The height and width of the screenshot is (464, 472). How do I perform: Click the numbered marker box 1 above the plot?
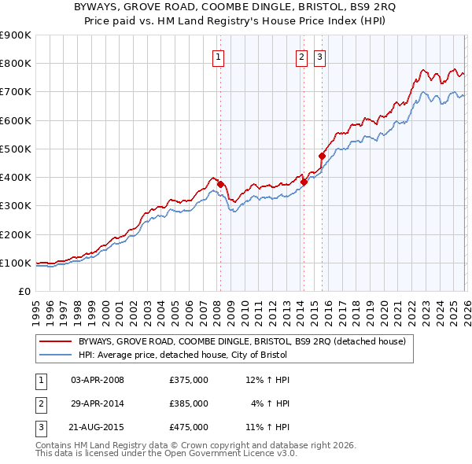[217, 56]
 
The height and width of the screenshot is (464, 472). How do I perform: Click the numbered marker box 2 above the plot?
[301, 56]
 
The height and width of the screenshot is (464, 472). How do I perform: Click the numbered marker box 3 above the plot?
[320, 56]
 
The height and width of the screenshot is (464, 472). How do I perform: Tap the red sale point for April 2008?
[220, 185]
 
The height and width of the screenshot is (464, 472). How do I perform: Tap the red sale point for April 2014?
[304, 182]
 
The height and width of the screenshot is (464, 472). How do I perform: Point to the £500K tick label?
[16, 149]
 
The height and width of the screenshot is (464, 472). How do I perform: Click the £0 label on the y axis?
[24, 291]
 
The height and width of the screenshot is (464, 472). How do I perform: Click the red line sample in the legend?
[55, 341]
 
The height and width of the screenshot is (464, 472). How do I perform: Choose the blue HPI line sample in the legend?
[55, 354]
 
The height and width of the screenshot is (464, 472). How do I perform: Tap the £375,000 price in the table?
[189, 380]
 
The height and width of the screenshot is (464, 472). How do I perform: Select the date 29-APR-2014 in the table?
[98, 403]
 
